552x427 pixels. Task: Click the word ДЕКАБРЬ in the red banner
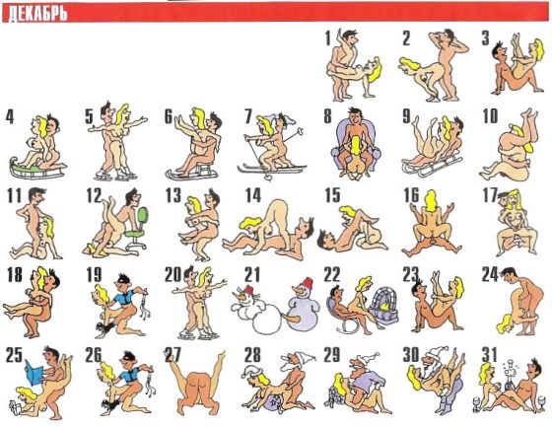37,15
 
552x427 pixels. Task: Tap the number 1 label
328,38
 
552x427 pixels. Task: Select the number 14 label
253,196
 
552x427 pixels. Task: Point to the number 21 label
252,275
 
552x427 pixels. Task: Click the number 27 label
172,355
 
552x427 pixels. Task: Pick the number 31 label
489,355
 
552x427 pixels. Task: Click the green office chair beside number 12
138,229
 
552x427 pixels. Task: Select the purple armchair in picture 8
356,145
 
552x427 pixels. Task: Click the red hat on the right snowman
309,283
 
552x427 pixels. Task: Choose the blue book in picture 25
34,372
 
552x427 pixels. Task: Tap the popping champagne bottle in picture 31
509,375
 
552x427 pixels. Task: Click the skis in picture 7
270,169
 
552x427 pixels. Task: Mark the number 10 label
490,116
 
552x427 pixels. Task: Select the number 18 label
15,275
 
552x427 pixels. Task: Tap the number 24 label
490,275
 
